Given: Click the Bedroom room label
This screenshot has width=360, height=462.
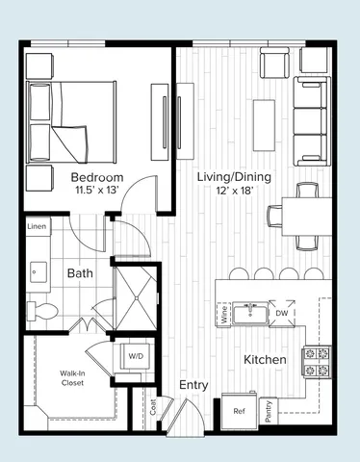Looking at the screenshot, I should [x=97, y=178].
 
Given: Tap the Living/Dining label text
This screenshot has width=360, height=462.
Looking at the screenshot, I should [x=234, y=177].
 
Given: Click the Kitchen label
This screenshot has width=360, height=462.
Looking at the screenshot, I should [x=265, y=359].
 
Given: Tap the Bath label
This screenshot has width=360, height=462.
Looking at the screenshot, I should [x=79, y=273].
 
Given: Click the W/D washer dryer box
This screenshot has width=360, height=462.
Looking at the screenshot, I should [x=132, y=355].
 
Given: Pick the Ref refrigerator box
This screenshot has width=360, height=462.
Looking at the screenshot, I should [x=239, y=410].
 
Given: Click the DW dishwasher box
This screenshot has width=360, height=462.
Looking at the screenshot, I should [x=282, y=314].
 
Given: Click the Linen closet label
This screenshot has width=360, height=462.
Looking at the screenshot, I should [x=37, y=226].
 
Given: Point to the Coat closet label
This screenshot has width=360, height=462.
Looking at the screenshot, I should [x=153, y=408].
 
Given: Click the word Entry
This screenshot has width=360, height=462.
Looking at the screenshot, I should [x=193, y=385].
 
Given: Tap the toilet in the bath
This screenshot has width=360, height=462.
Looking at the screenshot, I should [x=39, y=309].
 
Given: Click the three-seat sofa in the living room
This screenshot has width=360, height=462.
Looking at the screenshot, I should [x=311, y=123].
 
